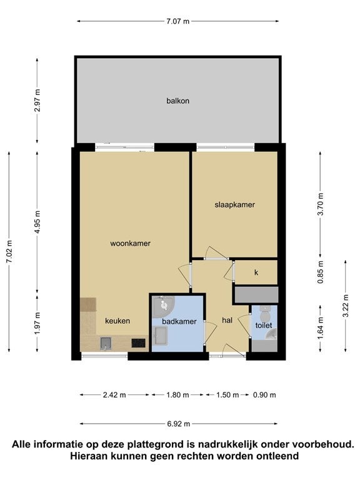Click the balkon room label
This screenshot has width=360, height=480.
177,101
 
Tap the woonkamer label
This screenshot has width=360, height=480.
130,243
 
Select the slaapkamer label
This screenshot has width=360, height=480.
234,205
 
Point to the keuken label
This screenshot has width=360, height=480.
117,321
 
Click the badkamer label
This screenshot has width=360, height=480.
179,321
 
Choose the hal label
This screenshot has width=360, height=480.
227,320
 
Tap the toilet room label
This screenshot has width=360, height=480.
264,325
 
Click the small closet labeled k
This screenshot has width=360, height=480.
256,272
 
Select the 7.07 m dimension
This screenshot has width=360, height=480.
178,21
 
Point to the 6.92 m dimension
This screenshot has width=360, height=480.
179,424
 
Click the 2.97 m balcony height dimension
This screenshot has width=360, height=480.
37,101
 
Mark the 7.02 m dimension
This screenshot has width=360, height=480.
9,251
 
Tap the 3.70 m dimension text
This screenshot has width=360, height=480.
320,204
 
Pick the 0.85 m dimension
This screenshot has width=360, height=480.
320,272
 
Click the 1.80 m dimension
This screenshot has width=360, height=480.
177,395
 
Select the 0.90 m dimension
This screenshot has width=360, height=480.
264,395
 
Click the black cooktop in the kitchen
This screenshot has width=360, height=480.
138,343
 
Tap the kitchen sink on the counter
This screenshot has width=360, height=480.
106,344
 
